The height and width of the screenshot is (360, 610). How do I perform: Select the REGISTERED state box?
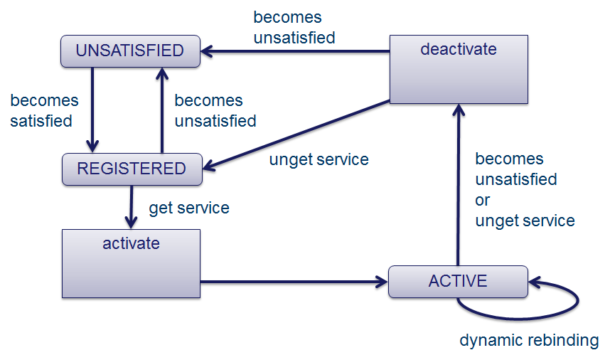132,169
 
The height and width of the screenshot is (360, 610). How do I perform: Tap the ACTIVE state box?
458,281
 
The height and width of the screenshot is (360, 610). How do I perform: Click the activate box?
131,263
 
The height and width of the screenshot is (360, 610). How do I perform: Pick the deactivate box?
459,70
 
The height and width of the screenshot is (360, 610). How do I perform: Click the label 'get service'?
189,208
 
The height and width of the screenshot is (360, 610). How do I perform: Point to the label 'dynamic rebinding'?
529,340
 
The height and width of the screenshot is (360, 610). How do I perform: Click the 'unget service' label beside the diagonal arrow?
319,159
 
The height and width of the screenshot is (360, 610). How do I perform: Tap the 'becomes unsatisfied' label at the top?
294,28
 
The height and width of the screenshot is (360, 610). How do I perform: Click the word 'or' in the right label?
483,201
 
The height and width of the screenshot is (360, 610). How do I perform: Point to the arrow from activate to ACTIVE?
294,282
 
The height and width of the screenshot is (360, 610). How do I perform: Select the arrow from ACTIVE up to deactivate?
459,185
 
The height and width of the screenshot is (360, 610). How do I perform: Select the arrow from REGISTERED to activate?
131,207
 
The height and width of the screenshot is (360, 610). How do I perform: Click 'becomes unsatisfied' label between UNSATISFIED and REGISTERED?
215,111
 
